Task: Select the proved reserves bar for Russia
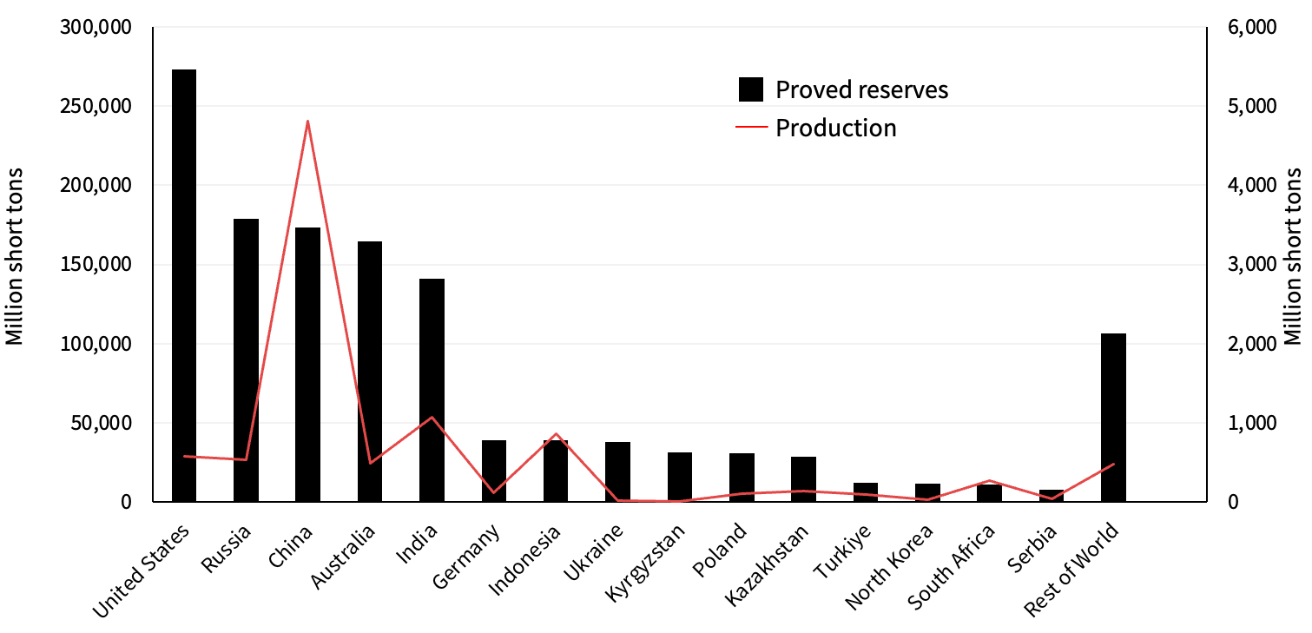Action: point(246,360)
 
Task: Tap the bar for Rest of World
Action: point(1113,417)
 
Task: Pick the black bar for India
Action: point(432,390)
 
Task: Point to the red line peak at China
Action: point(307,122)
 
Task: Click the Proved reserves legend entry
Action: point(842,89)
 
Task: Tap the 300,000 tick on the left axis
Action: point(96,28)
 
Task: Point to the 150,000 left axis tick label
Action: point(96,265)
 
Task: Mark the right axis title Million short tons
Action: point(1293,256)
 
